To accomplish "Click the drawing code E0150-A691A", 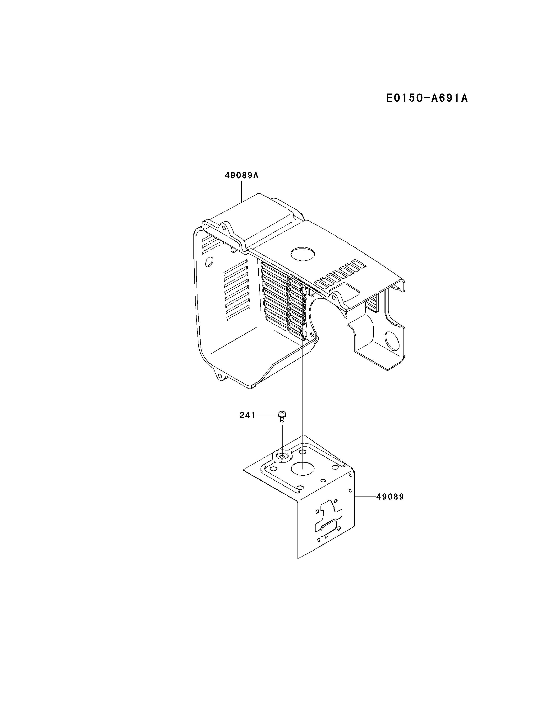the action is point(426,98).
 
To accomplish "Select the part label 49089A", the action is point(241,175).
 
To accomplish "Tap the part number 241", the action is point(247,415).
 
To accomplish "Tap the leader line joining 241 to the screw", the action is point(266,415).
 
